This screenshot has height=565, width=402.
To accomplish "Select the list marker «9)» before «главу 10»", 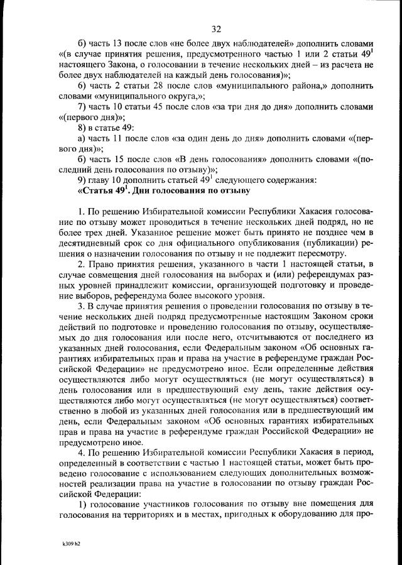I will [82, 180].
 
